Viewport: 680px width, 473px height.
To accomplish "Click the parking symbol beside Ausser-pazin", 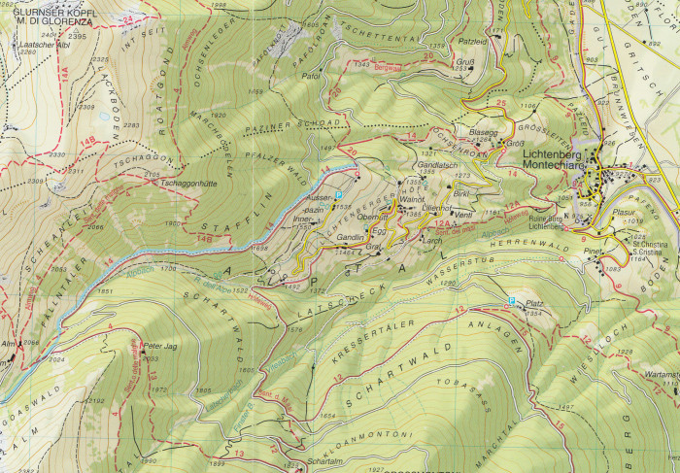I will coord(338,196).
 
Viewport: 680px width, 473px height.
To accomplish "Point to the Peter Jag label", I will coord(157,345).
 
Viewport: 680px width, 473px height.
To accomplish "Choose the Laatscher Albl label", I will coord(43,45).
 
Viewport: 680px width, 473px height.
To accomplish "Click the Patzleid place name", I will coord(471,42).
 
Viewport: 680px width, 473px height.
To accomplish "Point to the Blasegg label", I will coord(483,131).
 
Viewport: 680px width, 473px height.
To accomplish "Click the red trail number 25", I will coord(501,103).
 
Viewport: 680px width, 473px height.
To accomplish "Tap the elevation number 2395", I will coord(79,36).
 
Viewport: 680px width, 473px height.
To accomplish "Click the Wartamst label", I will coord(661,374).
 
